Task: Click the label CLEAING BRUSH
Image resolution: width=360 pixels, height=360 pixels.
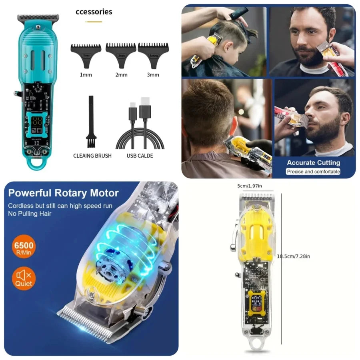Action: (x=92, y=156)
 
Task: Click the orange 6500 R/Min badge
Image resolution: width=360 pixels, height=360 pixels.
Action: (x=24, y=247)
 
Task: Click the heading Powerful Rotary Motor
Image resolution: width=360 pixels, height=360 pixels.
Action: (x=64, y=193)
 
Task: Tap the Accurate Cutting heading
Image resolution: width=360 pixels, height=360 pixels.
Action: (x=313, y=162)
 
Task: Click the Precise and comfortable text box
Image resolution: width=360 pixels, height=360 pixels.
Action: (x=313, y=172)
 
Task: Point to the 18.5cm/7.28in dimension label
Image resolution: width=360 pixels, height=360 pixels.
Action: (x=294, y=256)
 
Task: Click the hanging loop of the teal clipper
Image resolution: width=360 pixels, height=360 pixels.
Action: (x=38, y=162)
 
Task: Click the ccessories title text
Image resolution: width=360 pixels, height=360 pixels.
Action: (x=94, y=12)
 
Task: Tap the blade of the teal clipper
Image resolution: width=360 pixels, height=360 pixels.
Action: (x=38, y=18)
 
